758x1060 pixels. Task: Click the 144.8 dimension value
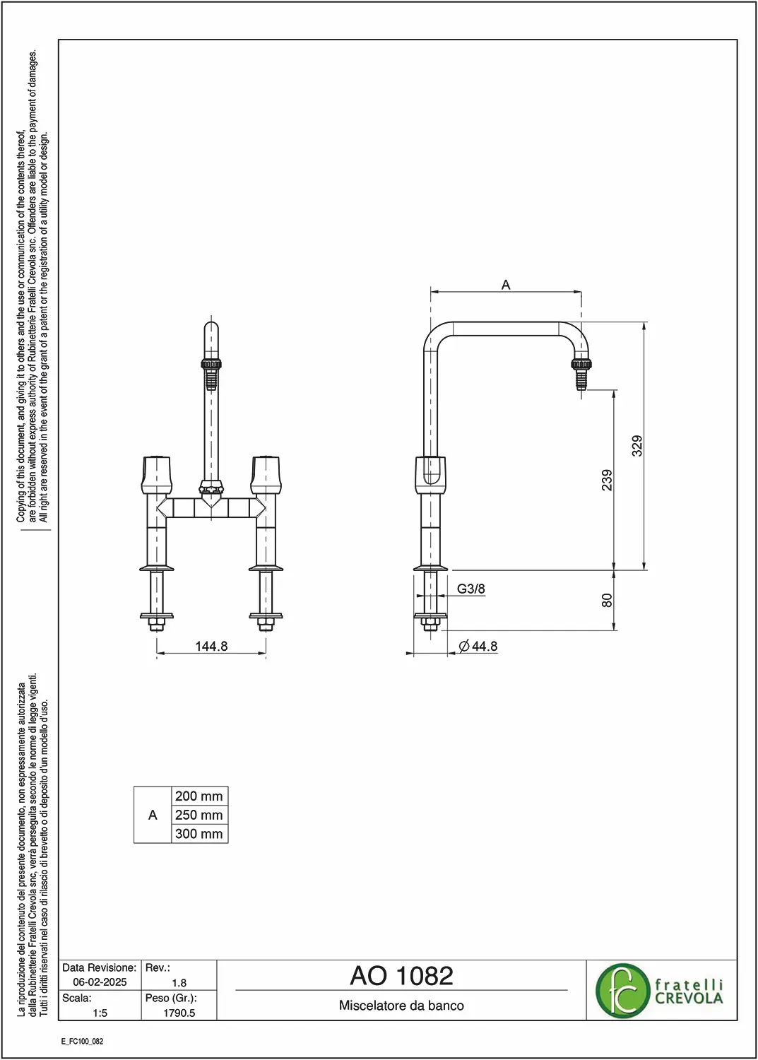tap(211, 646)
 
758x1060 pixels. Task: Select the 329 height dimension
tap(637, 446)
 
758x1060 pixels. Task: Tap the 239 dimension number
tap(607, 480)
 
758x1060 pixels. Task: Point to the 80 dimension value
tap(607, 600)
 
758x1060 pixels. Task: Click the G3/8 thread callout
tap(470, 589)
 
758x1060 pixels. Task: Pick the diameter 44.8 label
tap(478, 646)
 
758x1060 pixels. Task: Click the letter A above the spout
tap(506, 285)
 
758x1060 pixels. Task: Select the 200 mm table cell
tap(199, 796)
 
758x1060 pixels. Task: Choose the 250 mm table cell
tap(199, 815)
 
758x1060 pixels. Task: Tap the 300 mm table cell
tap(199, 833)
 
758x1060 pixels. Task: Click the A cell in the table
tap(153, 815)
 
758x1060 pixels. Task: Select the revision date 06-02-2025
tap(100, 982)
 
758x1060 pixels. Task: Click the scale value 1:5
tap(100, 1013)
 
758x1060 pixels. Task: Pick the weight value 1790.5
tap(179, 1013)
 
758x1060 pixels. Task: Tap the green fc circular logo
tap(622, 991)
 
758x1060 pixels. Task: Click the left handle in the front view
tap(157, 475)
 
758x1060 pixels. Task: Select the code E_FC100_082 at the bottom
tap(83, 1042)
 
